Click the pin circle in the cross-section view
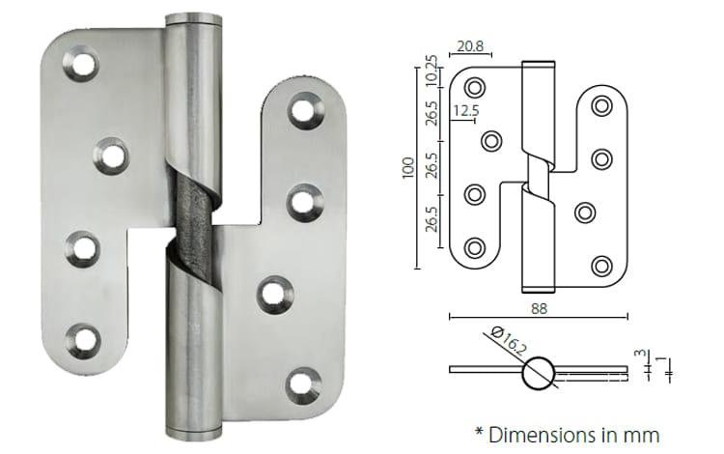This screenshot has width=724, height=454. (x=538, y=372)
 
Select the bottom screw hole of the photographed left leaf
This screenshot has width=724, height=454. (x=82, y=338)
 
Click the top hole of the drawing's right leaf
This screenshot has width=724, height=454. (x=603, y=105)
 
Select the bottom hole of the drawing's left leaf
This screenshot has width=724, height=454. (x=475, y=246)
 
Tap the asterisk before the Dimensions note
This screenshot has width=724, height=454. (x=478, y=431)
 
